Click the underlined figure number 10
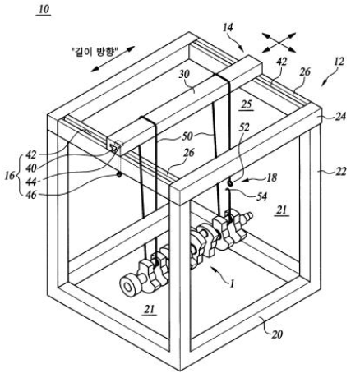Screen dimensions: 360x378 click(44, 9)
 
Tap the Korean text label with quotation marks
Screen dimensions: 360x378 click(95, 51)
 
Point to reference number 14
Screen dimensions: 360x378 click(228, 27)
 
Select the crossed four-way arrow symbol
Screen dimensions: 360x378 click(279, 42)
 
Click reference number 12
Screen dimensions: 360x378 click(339, 61)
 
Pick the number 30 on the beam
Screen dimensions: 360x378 click(184, 75)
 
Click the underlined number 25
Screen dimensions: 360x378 click(246, 104)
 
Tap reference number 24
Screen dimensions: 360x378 click(340, 117)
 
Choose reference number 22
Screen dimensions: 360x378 click(340, 172)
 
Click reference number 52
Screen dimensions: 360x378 click(244, 127)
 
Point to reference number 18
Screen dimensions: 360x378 click(271, 177)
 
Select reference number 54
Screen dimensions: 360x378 click(261, 196)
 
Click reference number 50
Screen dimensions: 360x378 click(187, 136)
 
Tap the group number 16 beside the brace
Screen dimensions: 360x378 click(10, 176)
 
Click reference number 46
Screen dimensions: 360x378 click(30, 195)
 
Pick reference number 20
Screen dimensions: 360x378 click(277, 334)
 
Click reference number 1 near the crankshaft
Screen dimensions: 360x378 click(232, 283)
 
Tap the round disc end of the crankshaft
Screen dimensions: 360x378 click(128, 287)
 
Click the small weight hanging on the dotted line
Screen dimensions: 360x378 click(119, 174)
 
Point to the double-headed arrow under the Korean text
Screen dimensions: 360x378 click(113, 59)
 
